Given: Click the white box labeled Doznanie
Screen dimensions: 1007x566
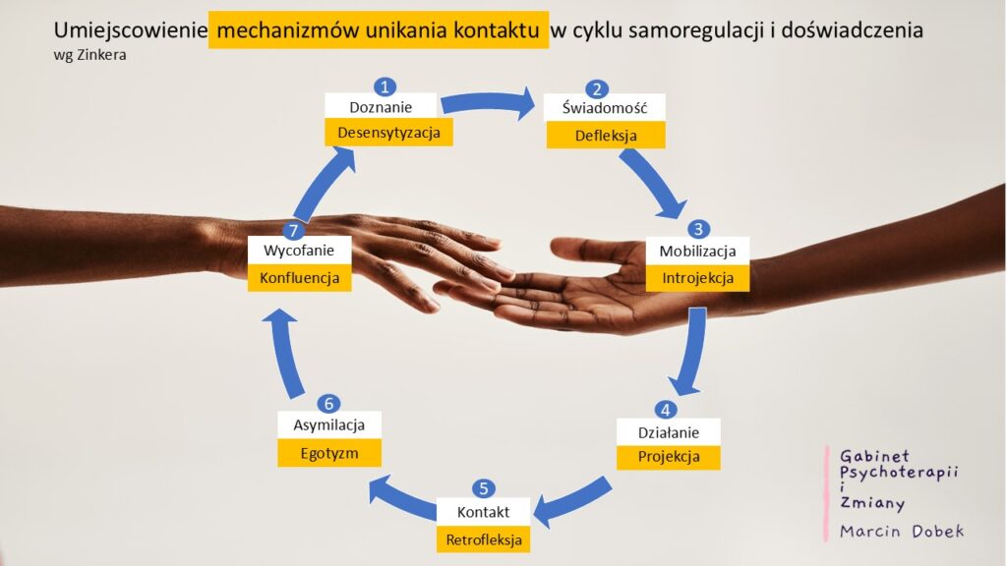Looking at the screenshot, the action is pyautogui.click(x=381, y=106).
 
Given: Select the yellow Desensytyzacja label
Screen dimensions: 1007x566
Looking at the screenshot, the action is pyautogui.click(x=388, y=133).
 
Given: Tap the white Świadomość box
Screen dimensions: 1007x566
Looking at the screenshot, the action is pyautogui.click(x=605, y=108).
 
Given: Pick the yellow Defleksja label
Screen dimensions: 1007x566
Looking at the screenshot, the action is pyautogui.click(x=606, y=136).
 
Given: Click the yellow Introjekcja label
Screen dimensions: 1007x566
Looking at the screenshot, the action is pyautogui.click(x=697, y=278).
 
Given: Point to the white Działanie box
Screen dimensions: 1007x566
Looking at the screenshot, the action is pyautogui.click(x=669, y=432).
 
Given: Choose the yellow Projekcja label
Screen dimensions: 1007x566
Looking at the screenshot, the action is pyautogui.click(x=669, y=457).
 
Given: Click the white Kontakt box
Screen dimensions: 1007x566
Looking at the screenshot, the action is pyautogui.click(x=484, y=511).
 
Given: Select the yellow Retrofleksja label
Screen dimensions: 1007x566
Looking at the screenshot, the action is pyautogui.click(x=484, y=539).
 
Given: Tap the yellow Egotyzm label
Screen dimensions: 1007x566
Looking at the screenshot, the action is pyautogui.click(x=329, y=453).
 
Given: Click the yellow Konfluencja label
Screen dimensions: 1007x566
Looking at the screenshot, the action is pyautogui.click(x=299, y=278).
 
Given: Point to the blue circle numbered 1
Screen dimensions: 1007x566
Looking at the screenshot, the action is pyautogui.click(x=385, y=86).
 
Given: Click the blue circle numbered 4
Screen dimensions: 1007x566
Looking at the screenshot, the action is pyautogui.click(x=666, y=410).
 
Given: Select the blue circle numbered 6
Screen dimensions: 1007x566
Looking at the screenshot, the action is pyautogui.click(x=328, y=404).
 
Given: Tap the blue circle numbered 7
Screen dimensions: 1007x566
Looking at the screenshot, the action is pyautogui.click(x=293, y=230).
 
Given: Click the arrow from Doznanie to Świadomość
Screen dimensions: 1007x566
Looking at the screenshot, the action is pyautogui.click(x=488, y=102).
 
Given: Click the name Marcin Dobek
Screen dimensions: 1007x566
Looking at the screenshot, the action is pyautogui.click(x=902, y=532).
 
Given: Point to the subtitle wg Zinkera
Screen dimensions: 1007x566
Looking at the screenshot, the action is pyautogui.click(x=89, y=55).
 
